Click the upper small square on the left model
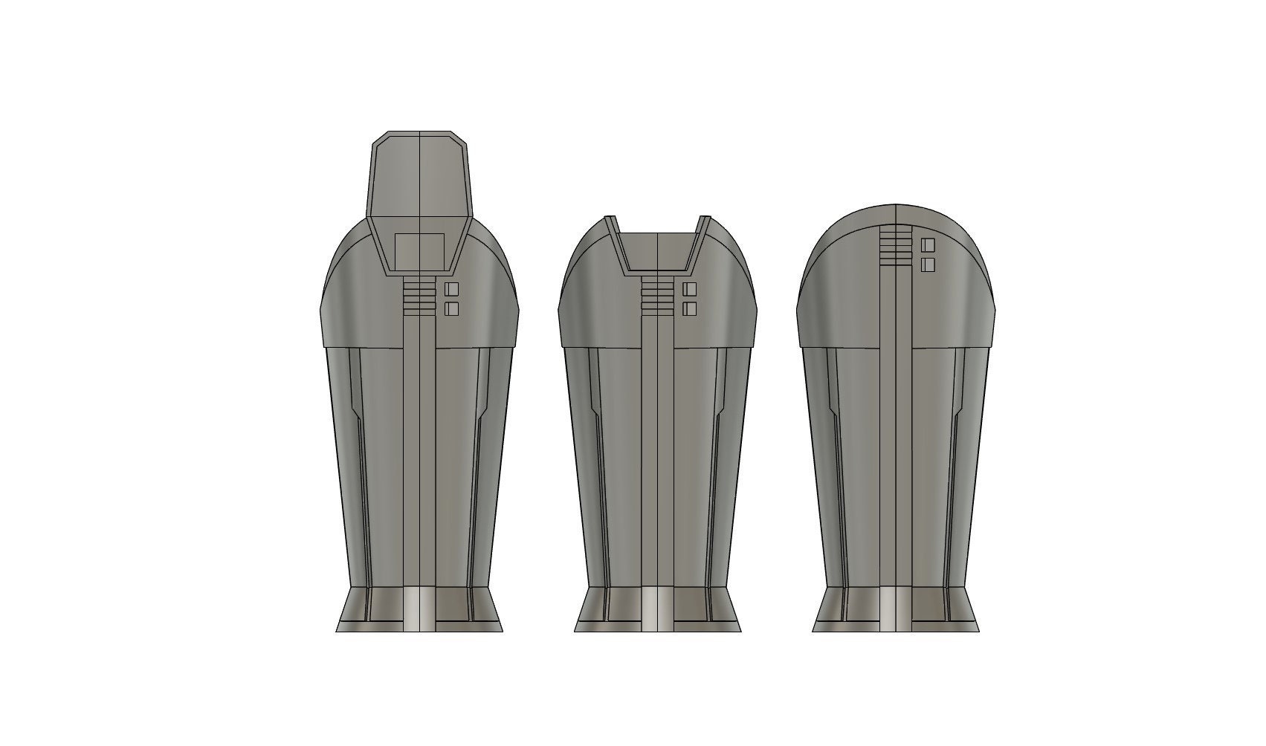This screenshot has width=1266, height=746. click(x=451, y=289)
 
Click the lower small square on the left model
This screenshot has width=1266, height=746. click(x=451, y=308)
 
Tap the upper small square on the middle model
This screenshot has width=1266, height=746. click(x=689, y=289)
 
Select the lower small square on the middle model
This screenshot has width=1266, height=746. click(x=689, y=308)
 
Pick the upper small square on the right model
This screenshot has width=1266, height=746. click(x=927, y=245)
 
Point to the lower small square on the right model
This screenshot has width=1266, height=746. click(x=927, y=264)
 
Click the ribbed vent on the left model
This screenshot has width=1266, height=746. click(x=420, y=294)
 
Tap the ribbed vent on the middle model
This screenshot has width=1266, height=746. click(x=658, y=294)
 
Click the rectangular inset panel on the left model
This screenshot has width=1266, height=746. click(x=419, y=250)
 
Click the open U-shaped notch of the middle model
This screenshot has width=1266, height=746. click(x=658, y=249)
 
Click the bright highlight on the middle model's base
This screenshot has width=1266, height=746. click(x=649, y=609)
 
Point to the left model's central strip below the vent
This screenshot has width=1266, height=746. click(x=420, y=446)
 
